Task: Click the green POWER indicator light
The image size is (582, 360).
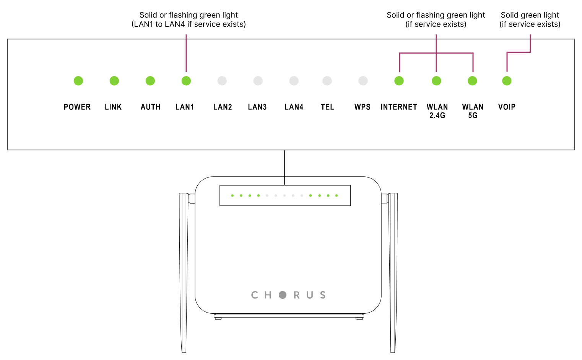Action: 78,81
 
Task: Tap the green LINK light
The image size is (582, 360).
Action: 114,81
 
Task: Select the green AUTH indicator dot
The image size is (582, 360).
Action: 150,81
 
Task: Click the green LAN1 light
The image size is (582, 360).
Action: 186,81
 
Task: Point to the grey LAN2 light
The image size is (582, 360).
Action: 222,81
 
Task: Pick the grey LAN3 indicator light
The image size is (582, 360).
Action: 258,81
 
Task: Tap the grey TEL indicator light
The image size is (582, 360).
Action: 327,81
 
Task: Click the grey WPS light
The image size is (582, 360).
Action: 363,81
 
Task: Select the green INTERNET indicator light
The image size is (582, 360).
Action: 399,81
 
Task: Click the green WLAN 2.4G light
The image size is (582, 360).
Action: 436,81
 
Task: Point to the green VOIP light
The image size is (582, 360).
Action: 507,81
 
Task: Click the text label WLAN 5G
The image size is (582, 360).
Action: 473,111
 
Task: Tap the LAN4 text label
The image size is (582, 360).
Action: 294,107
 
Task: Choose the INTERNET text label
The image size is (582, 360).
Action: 399,107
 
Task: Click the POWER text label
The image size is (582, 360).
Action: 77,107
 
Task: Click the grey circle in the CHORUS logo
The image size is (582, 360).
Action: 283,295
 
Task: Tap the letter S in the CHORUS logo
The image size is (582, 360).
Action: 323,295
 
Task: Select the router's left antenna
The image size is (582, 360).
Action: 184,272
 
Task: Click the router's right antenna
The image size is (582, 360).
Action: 393,272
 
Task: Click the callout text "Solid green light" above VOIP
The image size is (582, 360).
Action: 530,15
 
